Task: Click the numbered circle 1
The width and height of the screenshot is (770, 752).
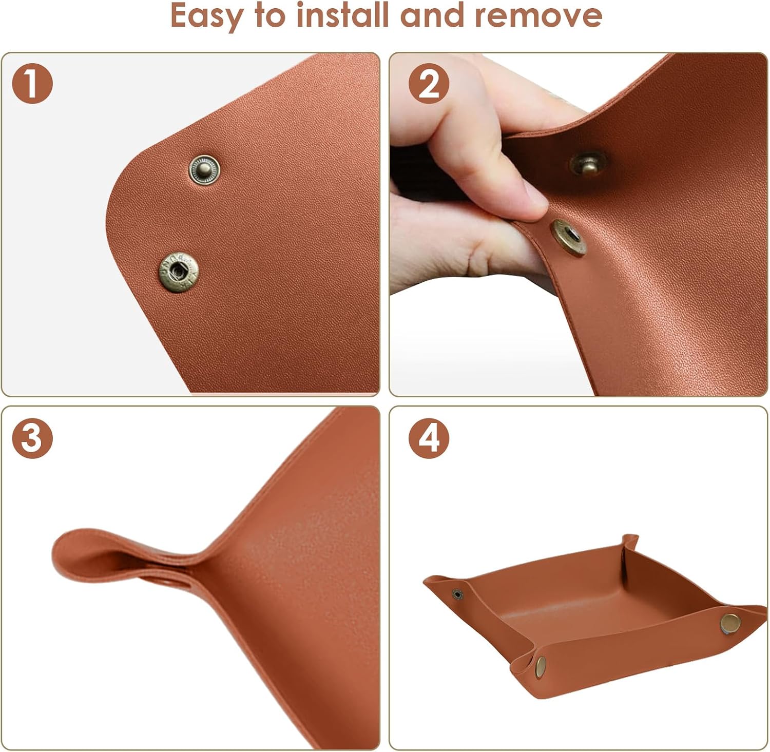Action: coord(32,83)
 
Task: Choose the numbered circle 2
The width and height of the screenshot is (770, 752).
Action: coord(429,83)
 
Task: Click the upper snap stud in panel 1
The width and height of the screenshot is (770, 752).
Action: coord(204,169)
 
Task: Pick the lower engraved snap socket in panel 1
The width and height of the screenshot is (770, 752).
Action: coord(178,272)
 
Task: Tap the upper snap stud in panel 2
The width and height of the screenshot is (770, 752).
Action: coord(588,164)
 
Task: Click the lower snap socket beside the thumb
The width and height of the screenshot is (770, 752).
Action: coord(569,237)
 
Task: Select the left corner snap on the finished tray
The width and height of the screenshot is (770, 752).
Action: coord(457,594)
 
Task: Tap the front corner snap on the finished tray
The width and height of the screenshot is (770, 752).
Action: coord(541,666)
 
